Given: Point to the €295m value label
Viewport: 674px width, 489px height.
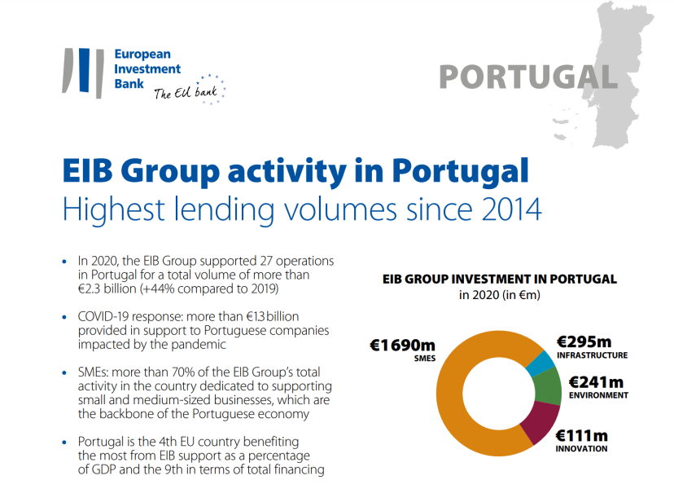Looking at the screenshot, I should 584,341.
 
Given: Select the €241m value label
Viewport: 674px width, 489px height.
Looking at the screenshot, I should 596,381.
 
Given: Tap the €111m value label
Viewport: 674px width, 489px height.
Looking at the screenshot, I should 581,435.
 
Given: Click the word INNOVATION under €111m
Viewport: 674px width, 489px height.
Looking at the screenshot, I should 582,449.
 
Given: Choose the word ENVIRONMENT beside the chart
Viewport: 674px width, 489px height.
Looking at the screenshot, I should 597,395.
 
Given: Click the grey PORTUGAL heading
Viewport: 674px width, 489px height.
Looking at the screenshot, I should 527,76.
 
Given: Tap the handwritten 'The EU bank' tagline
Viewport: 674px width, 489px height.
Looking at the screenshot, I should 186,93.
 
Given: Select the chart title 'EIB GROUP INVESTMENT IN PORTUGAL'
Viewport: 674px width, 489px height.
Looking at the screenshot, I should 499,279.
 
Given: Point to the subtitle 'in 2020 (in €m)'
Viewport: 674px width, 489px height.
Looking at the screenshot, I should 499,295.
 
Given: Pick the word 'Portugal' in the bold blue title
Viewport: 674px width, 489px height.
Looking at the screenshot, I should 459,171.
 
